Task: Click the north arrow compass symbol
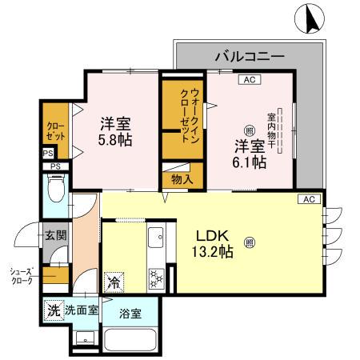coord(310,19)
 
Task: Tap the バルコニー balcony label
coord(250,58)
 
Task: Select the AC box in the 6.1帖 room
coord(249,79)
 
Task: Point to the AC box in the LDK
coord(309,198)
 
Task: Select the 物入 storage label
coord(183,180)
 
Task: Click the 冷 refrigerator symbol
coord(114,282)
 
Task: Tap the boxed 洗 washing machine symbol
coord(52,310)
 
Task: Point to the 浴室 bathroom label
coord(130,313)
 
